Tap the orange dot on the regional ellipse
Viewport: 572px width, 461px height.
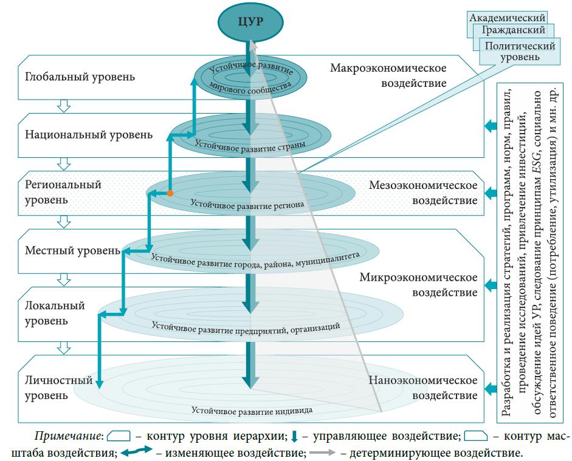pos(171,193)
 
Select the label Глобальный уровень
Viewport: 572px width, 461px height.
pos(80,77)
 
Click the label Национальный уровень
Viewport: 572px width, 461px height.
pos(89,134)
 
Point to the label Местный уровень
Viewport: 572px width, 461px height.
pos(73,250)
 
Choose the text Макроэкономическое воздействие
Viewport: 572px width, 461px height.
pos(388,75)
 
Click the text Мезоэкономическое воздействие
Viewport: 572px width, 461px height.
pos(423,192)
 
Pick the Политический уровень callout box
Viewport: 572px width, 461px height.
pos(519,51)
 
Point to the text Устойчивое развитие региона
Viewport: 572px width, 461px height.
pos(247,204)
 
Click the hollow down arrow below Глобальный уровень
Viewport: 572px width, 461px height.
pos(63,106)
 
